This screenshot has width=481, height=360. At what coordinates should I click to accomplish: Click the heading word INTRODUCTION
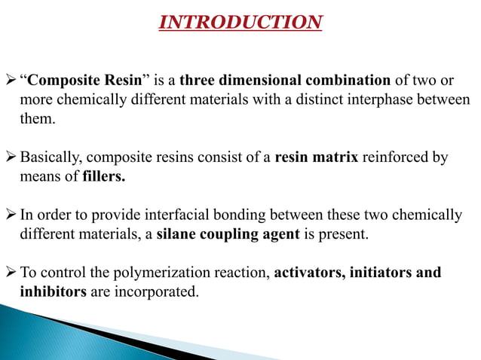240,23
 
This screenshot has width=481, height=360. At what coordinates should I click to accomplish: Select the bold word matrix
334,158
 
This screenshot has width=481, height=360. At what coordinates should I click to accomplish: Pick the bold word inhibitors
53,292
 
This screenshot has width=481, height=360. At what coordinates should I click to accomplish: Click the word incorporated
158,292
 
